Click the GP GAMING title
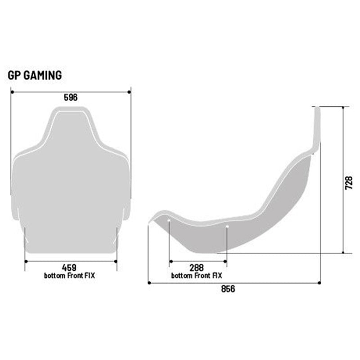pos(35,75)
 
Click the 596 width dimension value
pos(71,98)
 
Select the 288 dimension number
pos(197,267)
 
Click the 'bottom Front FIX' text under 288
pos(197,275)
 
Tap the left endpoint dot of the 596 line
pos(11,92)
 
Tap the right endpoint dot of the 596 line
pos(130,92)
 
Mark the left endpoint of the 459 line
pos(25,261)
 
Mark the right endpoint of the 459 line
pos(117,261)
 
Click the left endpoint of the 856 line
pos(148,283)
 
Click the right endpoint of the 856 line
pos(319,283)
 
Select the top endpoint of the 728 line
pos(344,107)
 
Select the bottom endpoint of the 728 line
pos(344,253)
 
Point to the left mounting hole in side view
pos(169,221)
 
